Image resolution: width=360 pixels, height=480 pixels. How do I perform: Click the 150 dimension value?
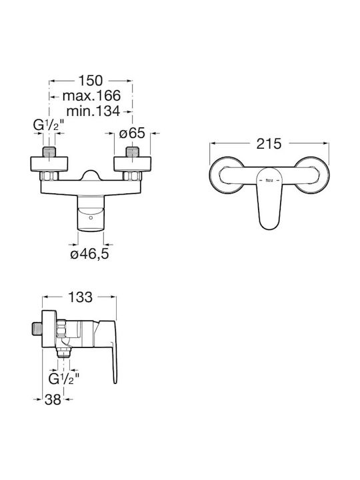tap(91, 81)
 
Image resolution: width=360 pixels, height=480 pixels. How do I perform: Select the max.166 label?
tap(91, 96)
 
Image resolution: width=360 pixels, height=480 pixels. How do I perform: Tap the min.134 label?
tap(93, 111)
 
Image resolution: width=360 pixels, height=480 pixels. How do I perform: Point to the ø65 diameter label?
tap(132, 133)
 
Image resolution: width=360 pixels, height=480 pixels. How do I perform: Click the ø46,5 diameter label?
tap(90, 254)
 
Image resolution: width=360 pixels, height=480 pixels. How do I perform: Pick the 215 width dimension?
tap(269, 143)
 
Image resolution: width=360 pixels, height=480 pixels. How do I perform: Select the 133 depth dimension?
tap(80, 297)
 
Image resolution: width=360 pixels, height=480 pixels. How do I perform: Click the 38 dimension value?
tap(53, 399)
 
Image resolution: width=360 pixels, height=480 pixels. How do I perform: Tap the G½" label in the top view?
tap(49, 125)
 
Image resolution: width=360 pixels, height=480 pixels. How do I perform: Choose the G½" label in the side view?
tap(64, 379)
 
